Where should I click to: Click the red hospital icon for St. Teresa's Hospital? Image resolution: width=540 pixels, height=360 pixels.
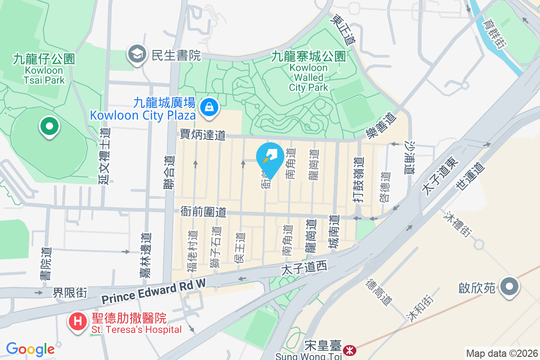pyautogui.click(x=77, y=322)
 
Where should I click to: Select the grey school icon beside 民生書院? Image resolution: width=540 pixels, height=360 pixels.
pyautogui.click(x=135, y=55)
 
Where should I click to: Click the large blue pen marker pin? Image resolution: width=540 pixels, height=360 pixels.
pyautogui.click(x=270, y=157)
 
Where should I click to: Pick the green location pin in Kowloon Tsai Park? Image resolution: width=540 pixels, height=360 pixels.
pyautogui.click(x=49, y=126)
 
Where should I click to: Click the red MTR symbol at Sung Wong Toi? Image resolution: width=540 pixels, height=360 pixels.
pyautogui.click(x=348, y=350)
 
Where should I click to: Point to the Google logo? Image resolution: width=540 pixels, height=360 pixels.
pyautogui.click(x=30, y=349)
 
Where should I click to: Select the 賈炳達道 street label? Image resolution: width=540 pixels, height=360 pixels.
pyautogui.click(x=202, y=134)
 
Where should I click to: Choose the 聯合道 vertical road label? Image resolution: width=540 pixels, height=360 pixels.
pyautogui.click(x=169, y=179)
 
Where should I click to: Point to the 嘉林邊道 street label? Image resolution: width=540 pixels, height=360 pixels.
pyautogui.click(x=145, y=255)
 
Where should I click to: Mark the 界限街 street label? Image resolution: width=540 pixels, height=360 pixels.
pyautogui.click(x=70, y=292)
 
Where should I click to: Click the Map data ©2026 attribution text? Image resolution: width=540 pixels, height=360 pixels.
pyautogui.click(x=502, y=353)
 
